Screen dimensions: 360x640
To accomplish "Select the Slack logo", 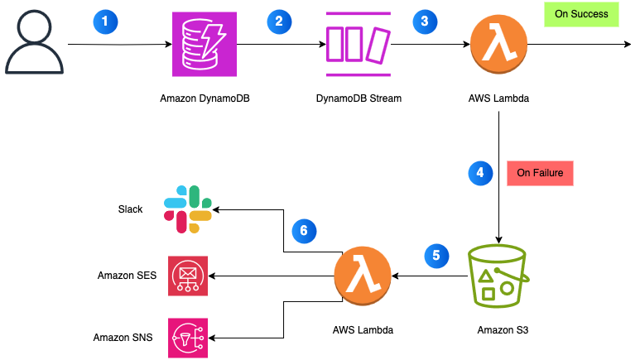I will pyautogui.click(x=188, y=209).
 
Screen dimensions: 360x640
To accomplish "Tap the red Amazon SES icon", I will pyautogui.click(x=188, y=276).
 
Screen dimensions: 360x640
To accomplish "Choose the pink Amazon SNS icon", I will pyautogui.click(x=188, y=338).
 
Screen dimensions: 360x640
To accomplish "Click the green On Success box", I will pyautogui.click(x=580, y=14).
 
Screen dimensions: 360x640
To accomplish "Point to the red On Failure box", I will pyautogui.click(x=540, y=174).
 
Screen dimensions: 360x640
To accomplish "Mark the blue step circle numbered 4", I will pyautogui.click(x=478, y=173).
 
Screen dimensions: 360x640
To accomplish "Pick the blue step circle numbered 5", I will pyautogui.click(x=436, y=254).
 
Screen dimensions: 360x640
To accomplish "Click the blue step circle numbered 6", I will pyautogui.click(x=304, y=230).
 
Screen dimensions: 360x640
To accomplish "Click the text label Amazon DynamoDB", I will pyautogui.click(x=205, y=98).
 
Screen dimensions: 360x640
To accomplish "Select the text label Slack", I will pyautogui.click(x=130, y=209).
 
